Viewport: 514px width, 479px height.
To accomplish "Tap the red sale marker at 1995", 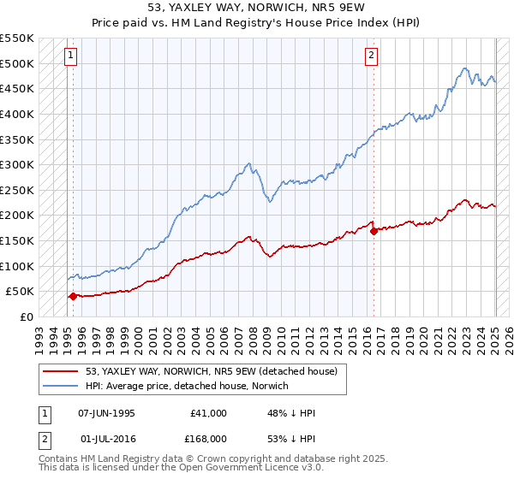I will coord(73,296).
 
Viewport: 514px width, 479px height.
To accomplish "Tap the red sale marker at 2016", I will coord(374,231).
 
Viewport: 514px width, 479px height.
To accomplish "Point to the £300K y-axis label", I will coord(17,164).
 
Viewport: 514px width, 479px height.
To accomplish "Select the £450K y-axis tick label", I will coord(17,88).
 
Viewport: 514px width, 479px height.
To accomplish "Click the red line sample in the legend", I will coord(61,371).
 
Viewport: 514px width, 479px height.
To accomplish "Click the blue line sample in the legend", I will coord(61,386).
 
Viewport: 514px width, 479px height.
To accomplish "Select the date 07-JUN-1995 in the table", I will coord(106,413).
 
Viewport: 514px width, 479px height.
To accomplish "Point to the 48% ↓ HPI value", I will coord(292,413).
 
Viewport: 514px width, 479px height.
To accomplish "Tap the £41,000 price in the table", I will coord(210,413).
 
